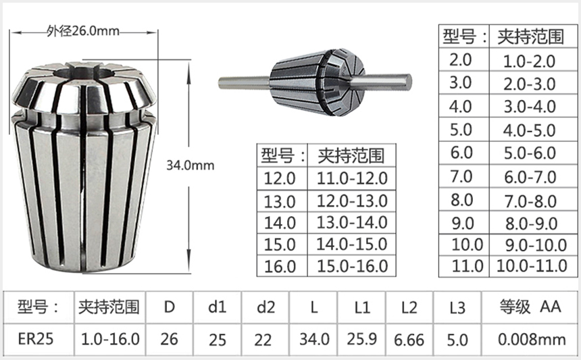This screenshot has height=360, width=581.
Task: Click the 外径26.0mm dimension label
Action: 83,31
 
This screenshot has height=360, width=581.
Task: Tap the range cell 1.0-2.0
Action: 528,61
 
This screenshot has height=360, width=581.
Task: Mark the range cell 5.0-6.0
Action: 528,153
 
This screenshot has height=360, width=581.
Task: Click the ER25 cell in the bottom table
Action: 36,338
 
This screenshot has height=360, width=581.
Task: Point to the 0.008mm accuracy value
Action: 532,338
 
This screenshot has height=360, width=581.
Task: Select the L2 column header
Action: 409,308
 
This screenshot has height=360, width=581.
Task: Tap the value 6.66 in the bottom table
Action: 409,338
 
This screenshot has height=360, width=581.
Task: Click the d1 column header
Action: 217,308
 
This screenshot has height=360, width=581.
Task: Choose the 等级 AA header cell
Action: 532,308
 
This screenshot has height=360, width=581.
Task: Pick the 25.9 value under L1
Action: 362,338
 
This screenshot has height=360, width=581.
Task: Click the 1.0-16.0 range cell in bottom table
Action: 110,338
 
